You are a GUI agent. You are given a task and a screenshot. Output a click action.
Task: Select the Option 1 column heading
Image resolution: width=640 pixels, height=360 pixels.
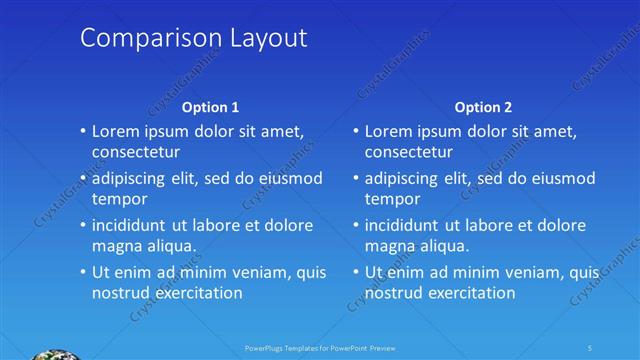pos(211,106)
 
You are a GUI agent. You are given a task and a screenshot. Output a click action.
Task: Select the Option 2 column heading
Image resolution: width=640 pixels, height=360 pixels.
pos(483,106)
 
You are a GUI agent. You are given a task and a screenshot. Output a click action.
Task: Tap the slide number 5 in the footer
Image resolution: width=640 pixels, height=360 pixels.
pos(590,348)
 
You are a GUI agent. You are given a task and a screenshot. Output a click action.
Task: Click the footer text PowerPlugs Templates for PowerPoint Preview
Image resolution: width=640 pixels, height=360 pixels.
pos(320,348)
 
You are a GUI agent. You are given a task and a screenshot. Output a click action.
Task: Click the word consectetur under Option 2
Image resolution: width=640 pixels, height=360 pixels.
pos(408,152)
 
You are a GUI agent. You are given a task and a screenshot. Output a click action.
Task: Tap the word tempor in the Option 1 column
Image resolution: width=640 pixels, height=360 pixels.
pos(120,199)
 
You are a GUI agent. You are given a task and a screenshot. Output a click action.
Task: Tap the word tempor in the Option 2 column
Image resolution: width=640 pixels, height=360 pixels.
pos(392,199)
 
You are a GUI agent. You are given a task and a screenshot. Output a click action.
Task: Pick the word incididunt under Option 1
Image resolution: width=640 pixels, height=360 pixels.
pos(135,225)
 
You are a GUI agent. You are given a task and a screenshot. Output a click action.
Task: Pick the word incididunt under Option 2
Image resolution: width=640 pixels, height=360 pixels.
pos(408,225)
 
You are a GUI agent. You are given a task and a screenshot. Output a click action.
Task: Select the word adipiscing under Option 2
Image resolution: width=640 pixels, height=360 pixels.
pos(401,179)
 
